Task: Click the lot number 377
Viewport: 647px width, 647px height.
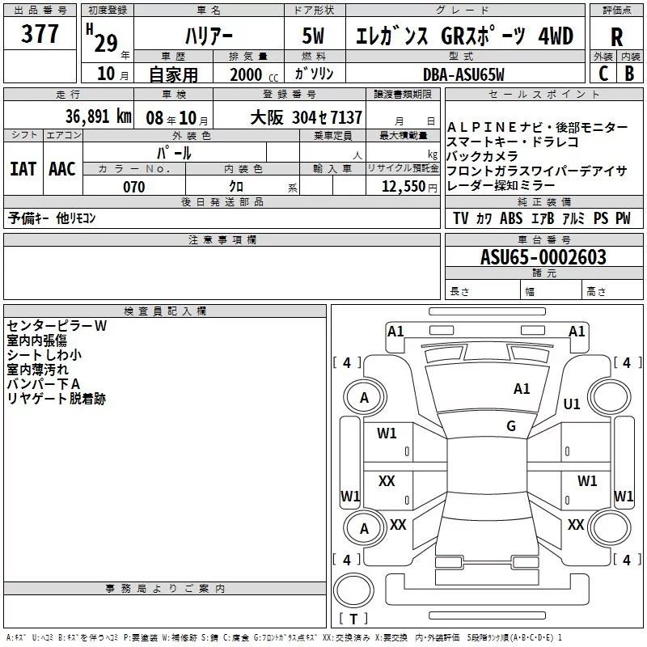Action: pos(40,35)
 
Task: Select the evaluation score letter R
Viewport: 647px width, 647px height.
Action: pos(616,37)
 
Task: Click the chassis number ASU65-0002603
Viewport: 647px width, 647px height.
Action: pos(543,257)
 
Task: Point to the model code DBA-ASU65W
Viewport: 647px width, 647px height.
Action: pos(463,74)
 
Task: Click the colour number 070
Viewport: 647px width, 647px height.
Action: pos(134,187)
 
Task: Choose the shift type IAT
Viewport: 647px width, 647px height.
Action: pos(23,169)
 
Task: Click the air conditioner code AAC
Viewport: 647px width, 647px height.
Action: pos(62,169)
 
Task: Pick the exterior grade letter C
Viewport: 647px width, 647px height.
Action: pos(603,74)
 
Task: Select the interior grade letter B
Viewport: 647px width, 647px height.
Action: pos(629,74)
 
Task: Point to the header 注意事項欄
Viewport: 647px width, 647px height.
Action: pos(222,239)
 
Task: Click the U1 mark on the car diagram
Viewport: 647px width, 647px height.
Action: pos(572,404)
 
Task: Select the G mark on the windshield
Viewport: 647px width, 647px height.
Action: pos(511,426)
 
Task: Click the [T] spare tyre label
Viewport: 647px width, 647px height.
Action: pos(353,620)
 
